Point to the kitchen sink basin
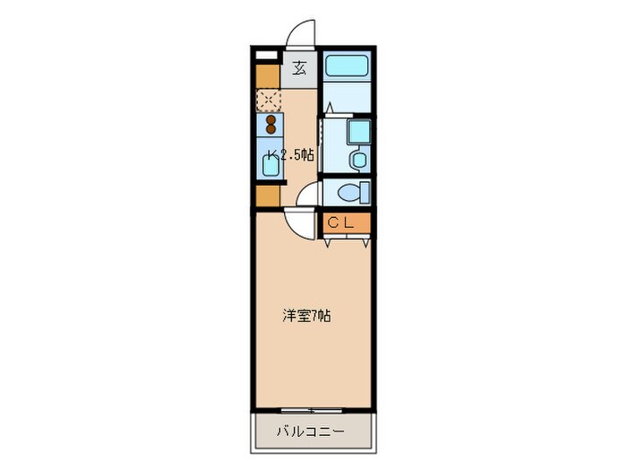pyautogui.click(x=268, y=163)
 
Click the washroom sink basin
pyautogui.click(x=358, y=160)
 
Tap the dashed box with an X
pyautogui.click(x=268, y=99)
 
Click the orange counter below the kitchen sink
pyautogui.click(x=268, y=195)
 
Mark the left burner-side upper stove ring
pyautogui.click(x=268, y=118)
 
